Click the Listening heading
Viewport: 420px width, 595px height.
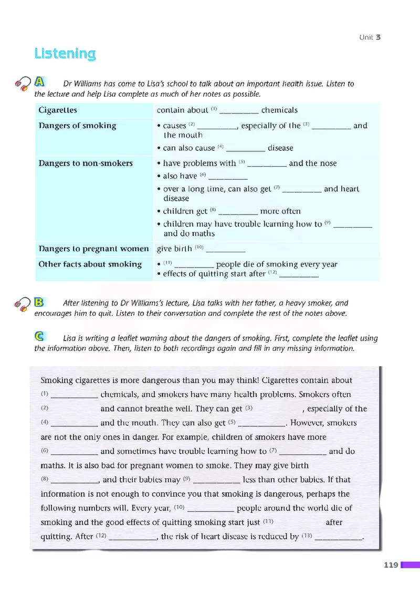coord(65,54)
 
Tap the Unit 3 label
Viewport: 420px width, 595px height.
coord(370,37)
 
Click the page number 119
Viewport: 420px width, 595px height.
coord(391,565)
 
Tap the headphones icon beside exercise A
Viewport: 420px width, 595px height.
coord(23,84)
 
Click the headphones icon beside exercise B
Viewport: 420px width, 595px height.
coord(23,304)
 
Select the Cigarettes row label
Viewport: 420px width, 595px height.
coord(58,110)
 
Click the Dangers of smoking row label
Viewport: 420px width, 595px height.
coord(77,126)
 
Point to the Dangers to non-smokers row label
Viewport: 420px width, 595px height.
coord(86,163)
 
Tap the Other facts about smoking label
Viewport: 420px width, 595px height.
coord(90,264)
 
